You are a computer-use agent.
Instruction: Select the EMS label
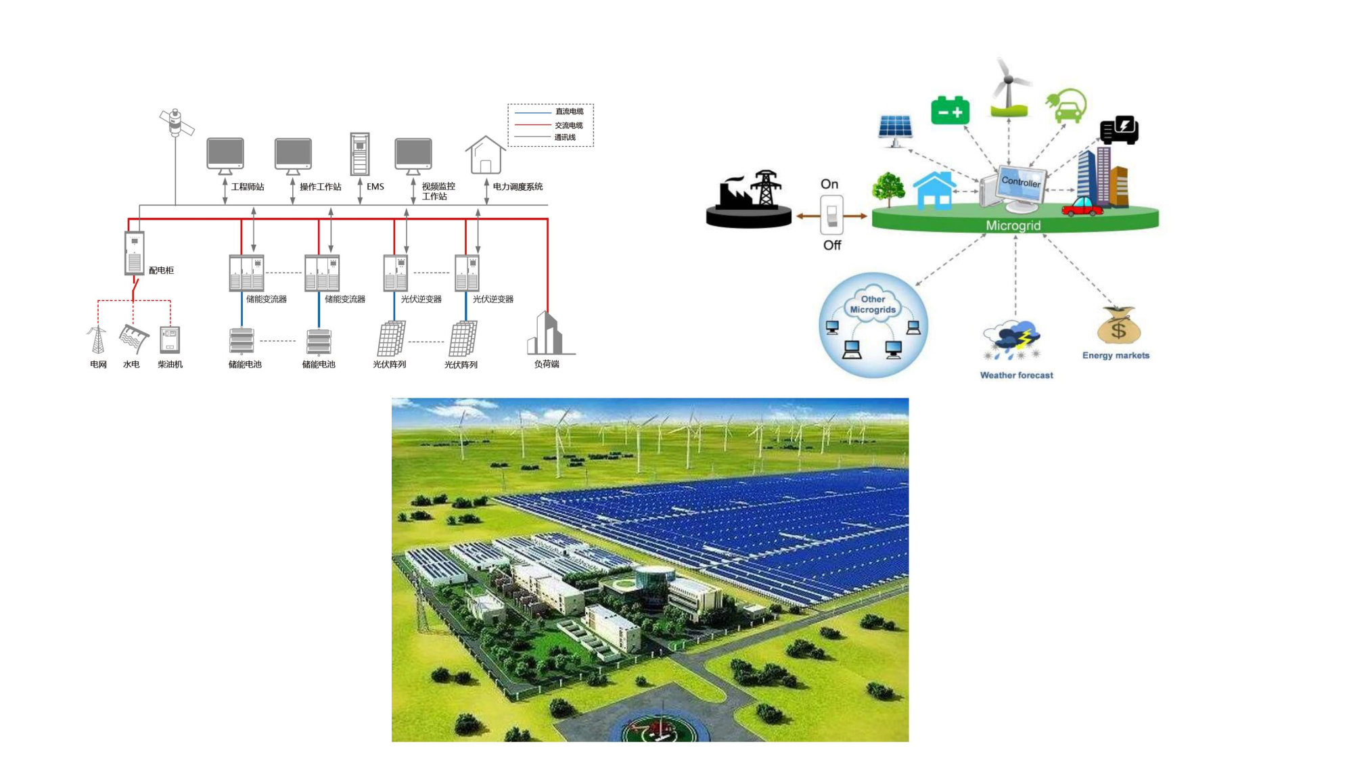coord(375,187)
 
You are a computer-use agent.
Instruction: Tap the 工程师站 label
coord(248,187)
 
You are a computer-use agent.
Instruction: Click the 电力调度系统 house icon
coord(485,155)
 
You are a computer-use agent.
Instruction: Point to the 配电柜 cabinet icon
coord(135,253)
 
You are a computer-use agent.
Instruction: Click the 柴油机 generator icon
coord(170,340)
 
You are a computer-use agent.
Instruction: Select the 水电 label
coord(131,365)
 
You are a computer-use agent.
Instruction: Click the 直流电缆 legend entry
coord(569,112)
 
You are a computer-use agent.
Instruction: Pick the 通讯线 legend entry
coord(565,137)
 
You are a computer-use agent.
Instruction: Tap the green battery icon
coord(950,111)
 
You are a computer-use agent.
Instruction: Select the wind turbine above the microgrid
coord(1008,88)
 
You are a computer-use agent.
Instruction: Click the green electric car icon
coord(1067,107)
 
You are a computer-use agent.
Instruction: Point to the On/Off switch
coord(831,214)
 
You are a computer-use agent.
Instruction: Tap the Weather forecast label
coord(1016,375)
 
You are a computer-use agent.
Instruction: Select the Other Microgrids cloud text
coord(873,304)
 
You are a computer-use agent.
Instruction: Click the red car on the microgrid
coord(1082,206)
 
